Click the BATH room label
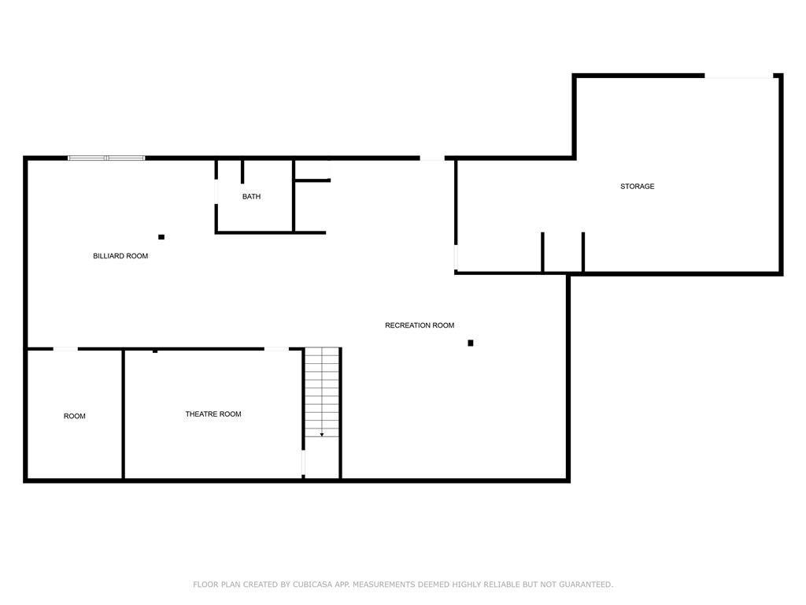click(x=251, y=196)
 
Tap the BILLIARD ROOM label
click(x=120, y=256)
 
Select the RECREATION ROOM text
click(x=420, y=325)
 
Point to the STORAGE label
click(x=638, y=187)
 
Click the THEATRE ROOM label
click(x=213, y=414)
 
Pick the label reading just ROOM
click(x=75, y=416)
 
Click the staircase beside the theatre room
click(x=322, y=392)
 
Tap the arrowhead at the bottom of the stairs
click(x=322, y=435)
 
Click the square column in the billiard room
click(x=161, y=236)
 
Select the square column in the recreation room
click(x=471, y=343)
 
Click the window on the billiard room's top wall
click(x=106, y=158)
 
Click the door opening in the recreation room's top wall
click(x=431, y=158)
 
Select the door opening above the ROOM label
click(x=65, y=348)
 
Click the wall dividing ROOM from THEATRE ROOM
click(x=124, y=414)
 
